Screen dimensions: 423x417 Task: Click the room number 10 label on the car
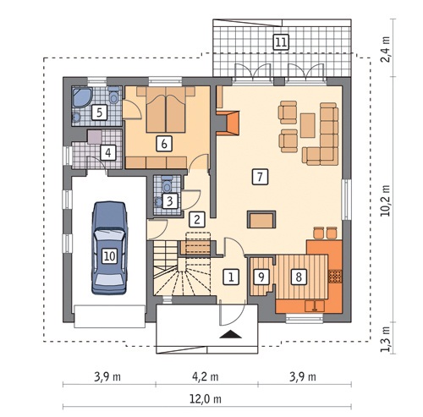(x=109, y=256)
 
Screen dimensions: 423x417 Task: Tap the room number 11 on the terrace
(x=281, y=42)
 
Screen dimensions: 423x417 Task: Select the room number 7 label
(x=260, y=177)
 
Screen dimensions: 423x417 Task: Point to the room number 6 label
(x=164, y=144)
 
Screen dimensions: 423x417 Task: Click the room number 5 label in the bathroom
(x=99, y=112)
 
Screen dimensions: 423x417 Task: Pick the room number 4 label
(x=108, y=152)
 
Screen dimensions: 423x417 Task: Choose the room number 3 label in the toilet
(x=170, y=201)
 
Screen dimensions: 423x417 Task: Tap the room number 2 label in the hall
(x=197, y=219)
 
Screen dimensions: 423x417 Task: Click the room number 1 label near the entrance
(x=231, y=277)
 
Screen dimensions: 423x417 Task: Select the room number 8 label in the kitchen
(x=299, y=277)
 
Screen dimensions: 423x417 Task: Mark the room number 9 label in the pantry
(x=261, y=277)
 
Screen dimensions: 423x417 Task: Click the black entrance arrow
(x=231, y=334)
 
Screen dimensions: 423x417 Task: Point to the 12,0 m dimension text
(x=205, y=399)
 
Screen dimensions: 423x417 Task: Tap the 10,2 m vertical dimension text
(x=385, y=200)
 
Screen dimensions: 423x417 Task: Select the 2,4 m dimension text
(x=385, y=50)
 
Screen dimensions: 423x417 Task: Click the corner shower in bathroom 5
(x=82, y=97)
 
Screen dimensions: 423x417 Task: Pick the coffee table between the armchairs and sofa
(x=308, y=125)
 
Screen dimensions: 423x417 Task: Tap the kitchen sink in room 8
(x=315, y=305)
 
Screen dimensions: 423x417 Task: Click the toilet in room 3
(x=167, y=184)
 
